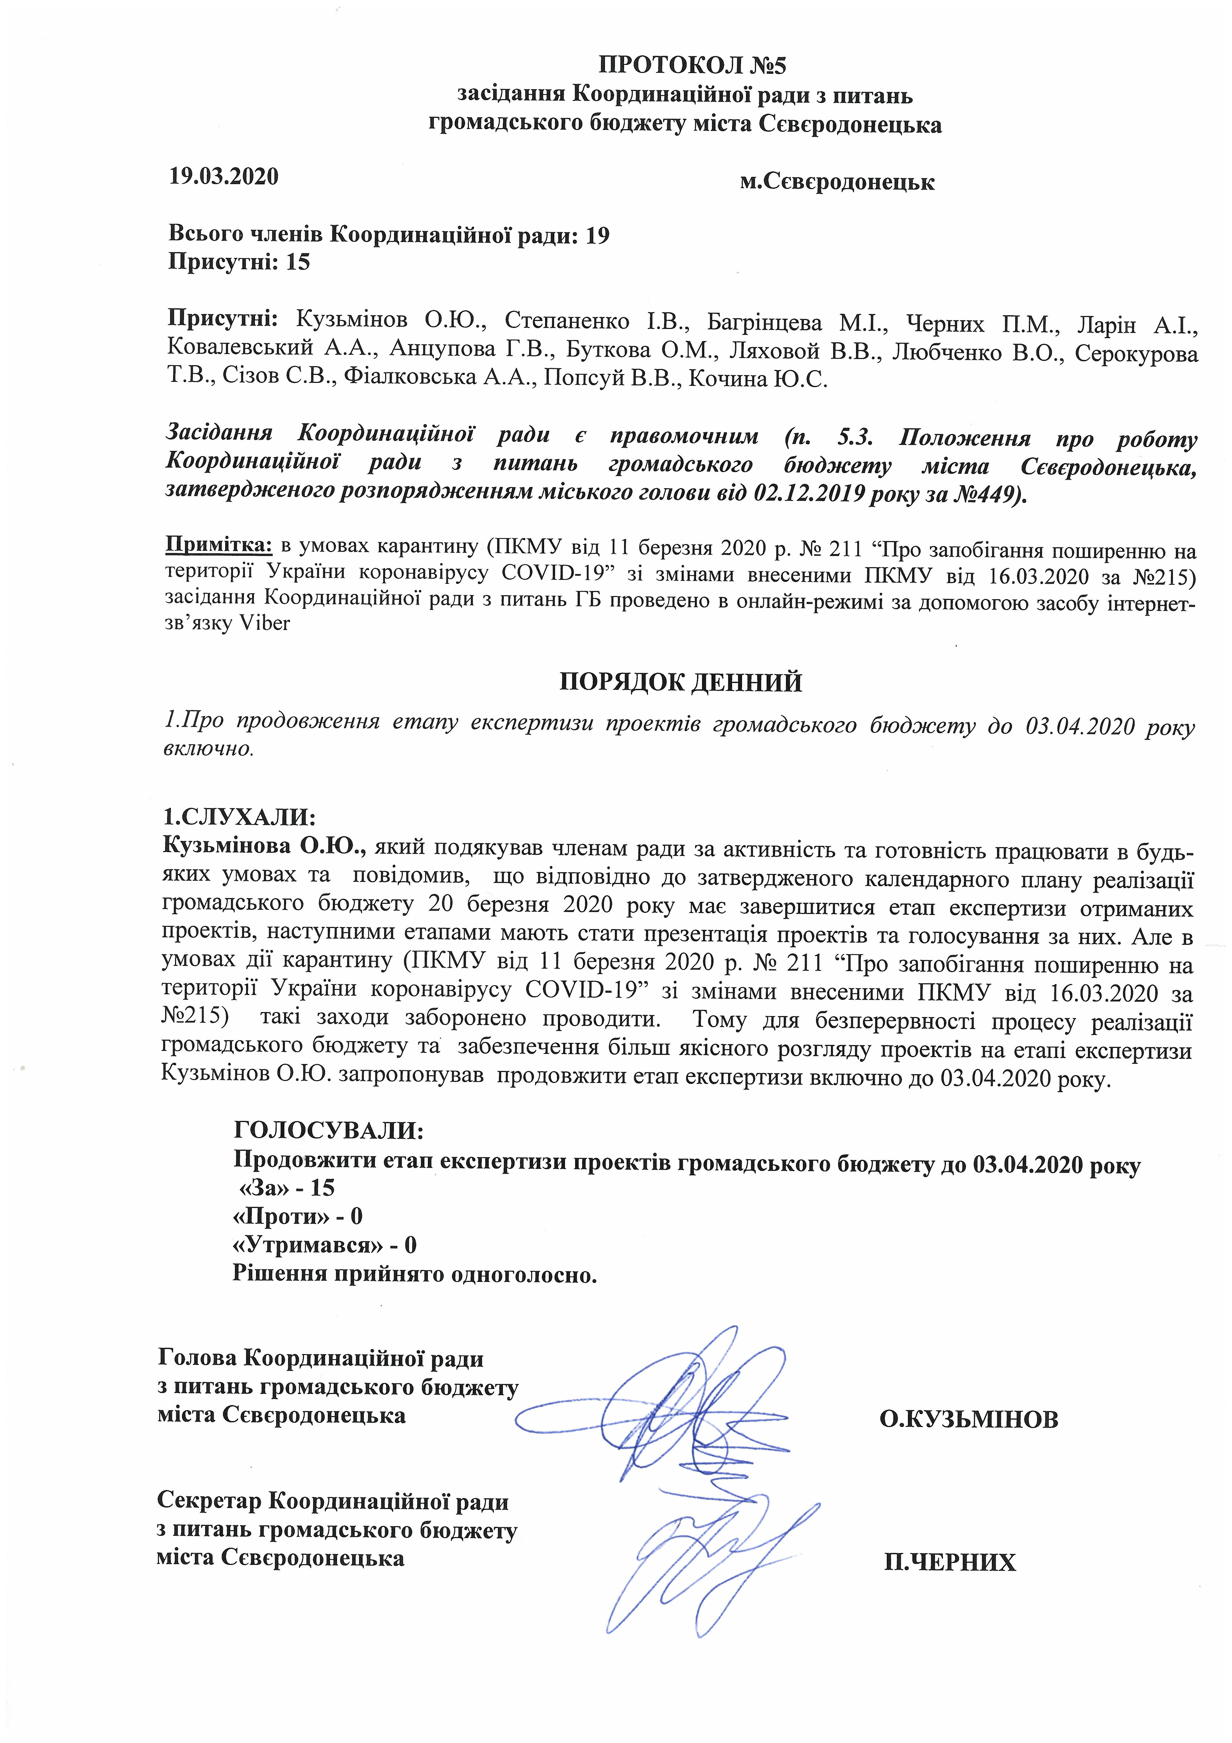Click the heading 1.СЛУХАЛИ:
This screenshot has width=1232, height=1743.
pos(239,817)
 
